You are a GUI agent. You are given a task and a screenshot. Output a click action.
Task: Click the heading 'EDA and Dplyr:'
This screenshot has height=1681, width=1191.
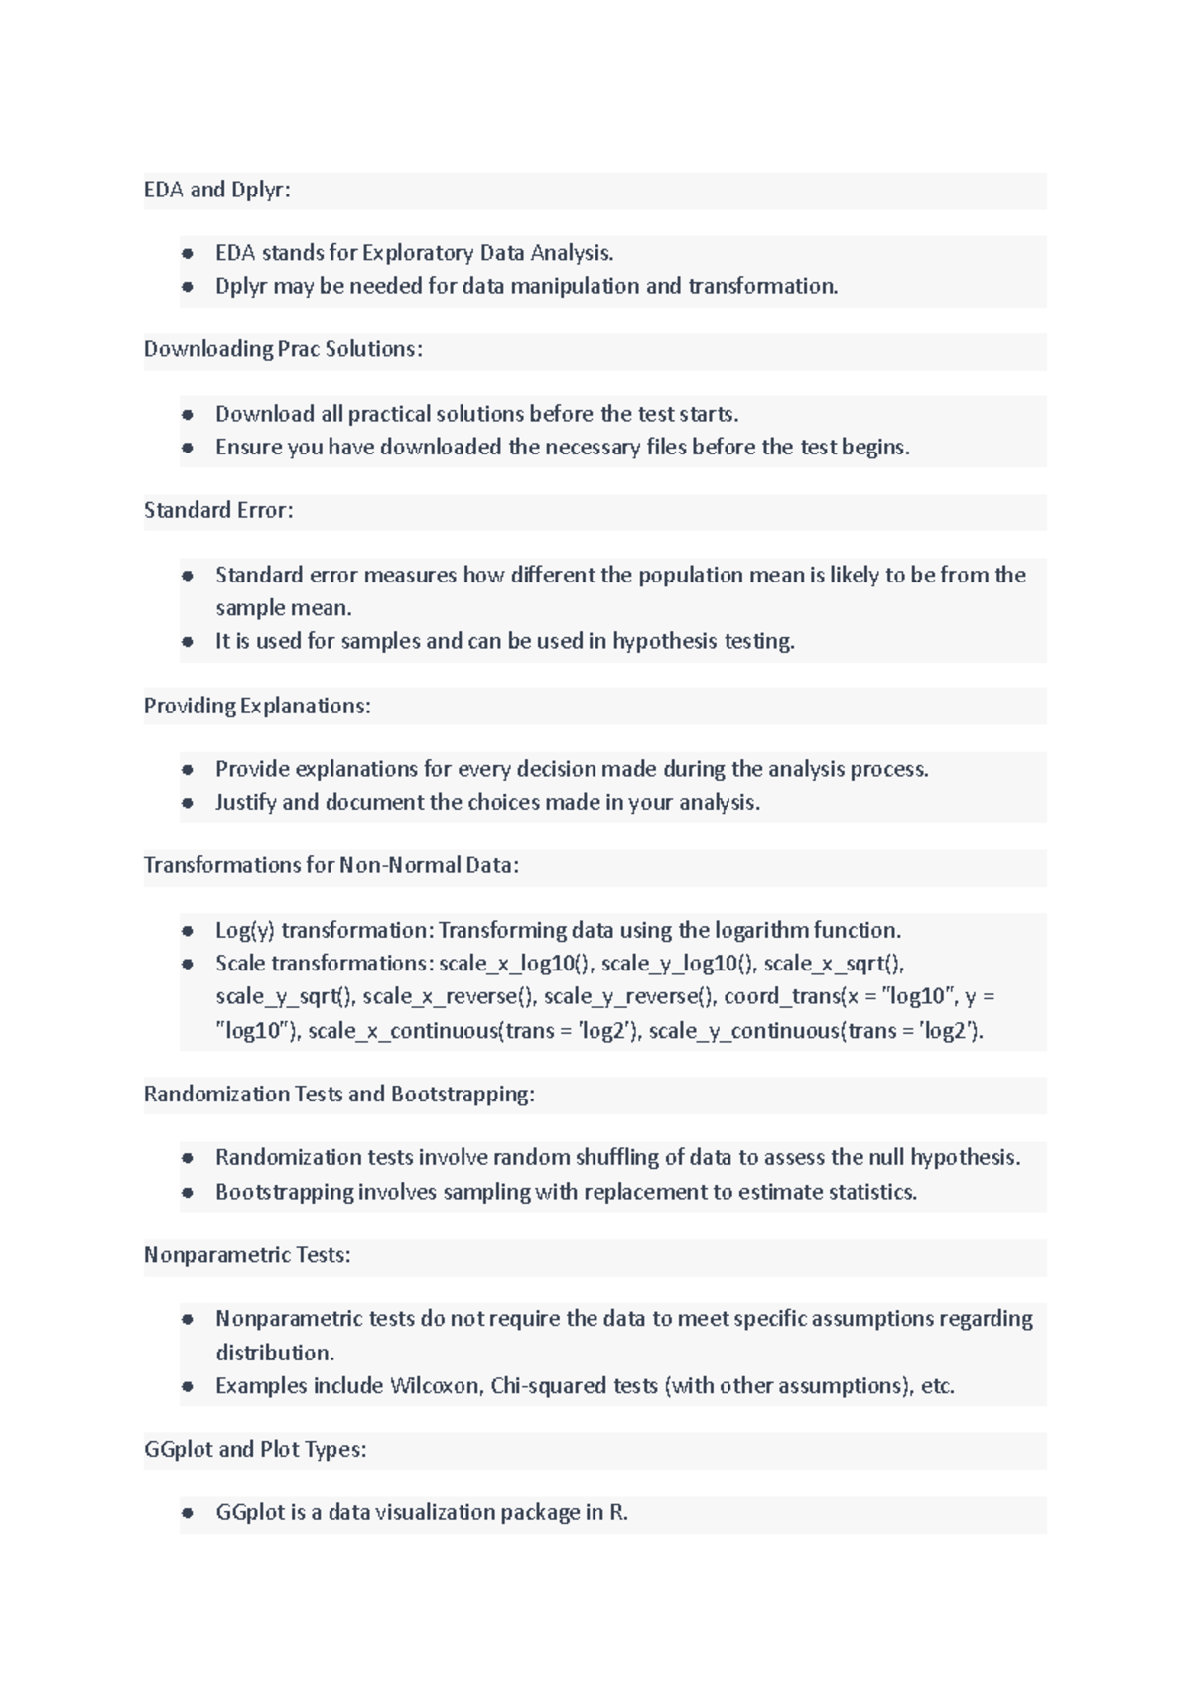pyautogui.click(x=216, y=190)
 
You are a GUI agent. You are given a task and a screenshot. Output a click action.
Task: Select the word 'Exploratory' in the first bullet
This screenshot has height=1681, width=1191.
pyautogui.click(x=417, y=253)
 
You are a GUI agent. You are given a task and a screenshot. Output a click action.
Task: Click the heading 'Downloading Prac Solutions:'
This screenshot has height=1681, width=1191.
pyautogui.click(x=283, y=349)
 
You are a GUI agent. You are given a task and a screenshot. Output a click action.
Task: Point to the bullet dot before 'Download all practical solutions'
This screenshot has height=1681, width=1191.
pyautogui.click(x=187, y=414)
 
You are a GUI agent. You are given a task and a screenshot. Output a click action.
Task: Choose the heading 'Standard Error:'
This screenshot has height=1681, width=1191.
pyautogui.click(x=218, y=510)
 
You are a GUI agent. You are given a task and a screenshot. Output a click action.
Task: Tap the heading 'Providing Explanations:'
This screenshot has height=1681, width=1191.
pyautogui.click(x=257, y=706)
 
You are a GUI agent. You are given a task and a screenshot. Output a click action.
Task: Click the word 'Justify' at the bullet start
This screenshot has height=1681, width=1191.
pyautogui.click(x=245, y=802)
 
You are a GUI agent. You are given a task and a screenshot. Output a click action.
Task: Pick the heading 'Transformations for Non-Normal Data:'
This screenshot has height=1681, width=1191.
pyautogui.click(x=331, y=865)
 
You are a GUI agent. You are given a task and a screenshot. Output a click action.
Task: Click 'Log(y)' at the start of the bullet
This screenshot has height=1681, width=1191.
pyautogui.click(x=244, y=930)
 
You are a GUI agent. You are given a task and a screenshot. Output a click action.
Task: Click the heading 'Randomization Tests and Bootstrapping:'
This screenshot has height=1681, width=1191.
pyautogui.click(x=338, y=1094)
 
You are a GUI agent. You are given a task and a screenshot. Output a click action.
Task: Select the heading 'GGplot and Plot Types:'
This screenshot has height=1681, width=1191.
pyautogui.click(x=255, y=1449)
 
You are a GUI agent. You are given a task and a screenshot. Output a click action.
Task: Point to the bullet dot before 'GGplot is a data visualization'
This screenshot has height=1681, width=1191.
pyautogui.click(x=187, y=1513)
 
